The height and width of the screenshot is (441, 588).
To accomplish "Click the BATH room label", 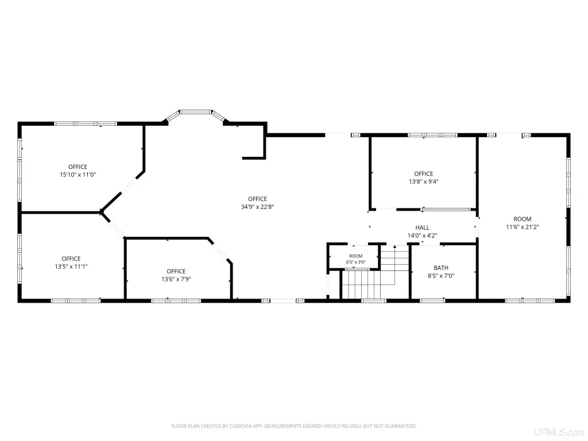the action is [441, 268].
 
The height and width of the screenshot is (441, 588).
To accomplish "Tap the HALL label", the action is [422, 227].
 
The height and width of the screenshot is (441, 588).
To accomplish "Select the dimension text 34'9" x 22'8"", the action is [258, 207].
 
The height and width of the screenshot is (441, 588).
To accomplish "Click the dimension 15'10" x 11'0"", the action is [78, 175].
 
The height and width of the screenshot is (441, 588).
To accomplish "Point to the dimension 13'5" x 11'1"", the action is [71, 266].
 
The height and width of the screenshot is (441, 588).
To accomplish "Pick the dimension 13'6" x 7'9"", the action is [176, 280].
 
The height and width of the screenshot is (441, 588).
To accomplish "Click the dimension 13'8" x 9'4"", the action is [424, 181].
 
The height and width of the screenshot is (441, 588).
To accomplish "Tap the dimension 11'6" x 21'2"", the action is [523, 227].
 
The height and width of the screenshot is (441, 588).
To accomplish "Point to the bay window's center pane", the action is [195, 112].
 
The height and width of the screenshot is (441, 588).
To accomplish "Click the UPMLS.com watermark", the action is [559, 432].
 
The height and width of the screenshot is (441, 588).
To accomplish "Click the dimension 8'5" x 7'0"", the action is [441, 276].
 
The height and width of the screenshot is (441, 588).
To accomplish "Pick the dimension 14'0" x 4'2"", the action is [422, 236].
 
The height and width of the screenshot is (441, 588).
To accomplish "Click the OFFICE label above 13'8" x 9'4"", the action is [424, 173].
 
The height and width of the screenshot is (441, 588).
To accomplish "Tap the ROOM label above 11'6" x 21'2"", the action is [523, 219].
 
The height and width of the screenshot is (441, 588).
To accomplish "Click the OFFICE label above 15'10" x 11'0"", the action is [78, 167].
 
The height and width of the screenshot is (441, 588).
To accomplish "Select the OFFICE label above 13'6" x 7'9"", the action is [176, 272].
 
